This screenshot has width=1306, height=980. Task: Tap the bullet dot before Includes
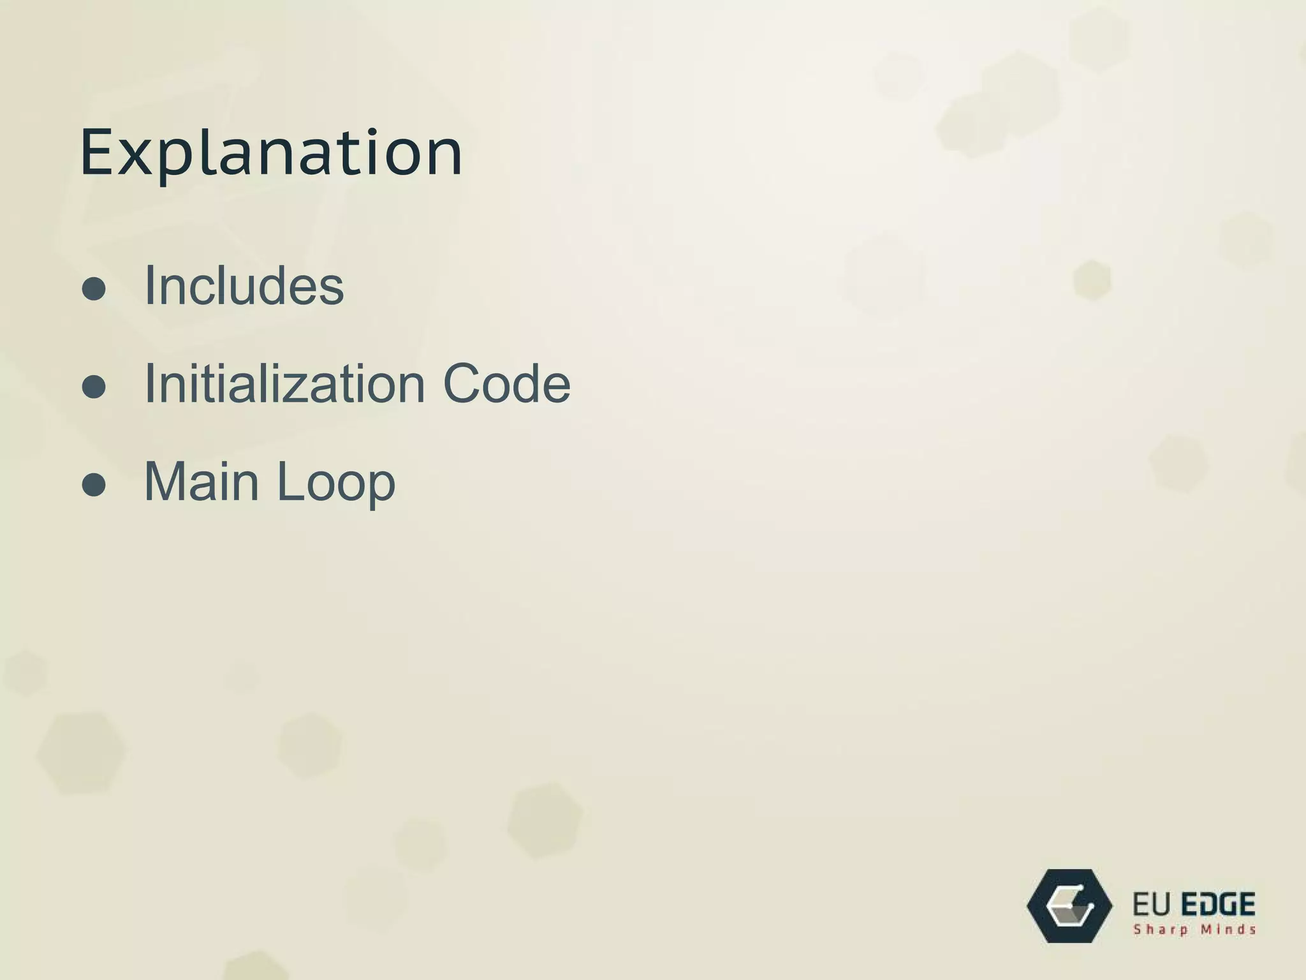[94, 288]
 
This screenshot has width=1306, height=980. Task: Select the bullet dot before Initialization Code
[94, 386]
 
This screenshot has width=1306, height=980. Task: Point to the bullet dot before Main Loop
[94, 484]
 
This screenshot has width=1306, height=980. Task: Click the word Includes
[244, 285]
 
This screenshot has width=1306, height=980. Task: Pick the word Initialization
[284, 383]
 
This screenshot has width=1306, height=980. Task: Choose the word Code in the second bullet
[506, 383]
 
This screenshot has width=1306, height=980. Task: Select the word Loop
[336, 483]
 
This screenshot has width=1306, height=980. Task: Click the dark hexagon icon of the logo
[1069, 906]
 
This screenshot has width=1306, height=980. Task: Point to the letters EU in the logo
[1152, 905]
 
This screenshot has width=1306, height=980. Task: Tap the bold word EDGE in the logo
[1219, 905]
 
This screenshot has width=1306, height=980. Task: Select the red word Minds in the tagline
[1229, 930]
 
